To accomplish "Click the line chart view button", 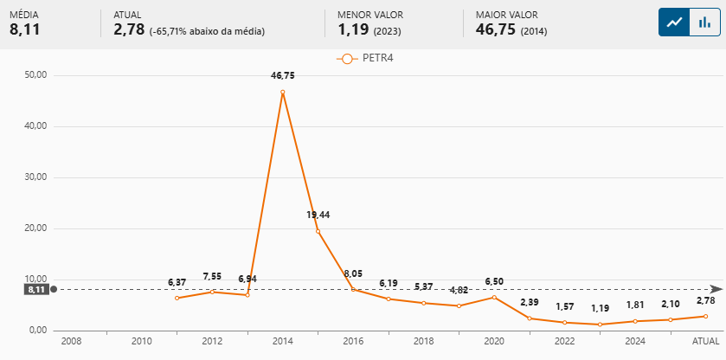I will click(x=672, y=22).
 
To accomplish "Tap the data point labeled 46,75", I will click(x=283, y=92).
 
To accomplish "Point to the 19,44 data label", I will click(x=318, y=215).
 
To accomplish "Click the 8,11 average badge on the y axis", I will click(x=36, y=289).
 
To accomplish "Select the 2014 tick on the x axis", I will click(x=283, y=341).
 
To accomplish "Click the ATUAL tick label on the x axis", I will click(x=706, y=341).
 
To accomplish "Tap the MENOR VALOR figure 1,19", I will click(x=354, y=30).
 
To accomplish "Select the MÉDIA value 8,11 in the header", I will click(x=24, y=30).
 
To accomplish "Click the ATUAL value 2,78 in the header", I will click(x=129, y=30).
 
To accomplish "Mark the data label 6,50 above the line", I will click(x=494, y=282).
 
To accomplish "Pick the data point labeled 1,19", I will click(x=601, y=325).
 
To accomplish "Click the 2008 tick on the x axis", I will click(x=71, y=341).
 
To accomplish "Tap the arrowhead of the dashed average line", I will click(x=715, y=289).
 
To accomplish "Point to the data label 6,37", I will click(x=177, y=283).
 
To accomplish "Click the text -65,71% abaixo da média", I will click(x=207, y=31).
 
